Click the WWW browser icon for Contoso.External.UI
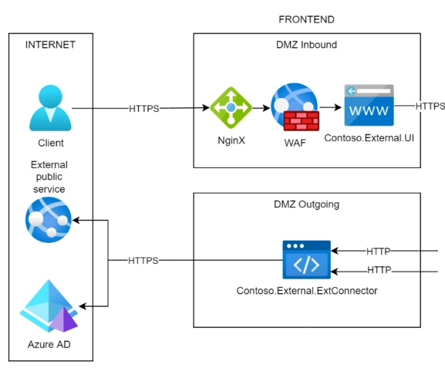point(369,105)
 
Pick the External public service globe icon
point(48,219)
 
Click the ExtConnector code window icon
point(306,260)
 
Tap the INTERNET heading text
point(50,45)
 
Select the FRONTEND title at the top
point(307,20)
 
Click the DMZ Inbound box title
point(307,45)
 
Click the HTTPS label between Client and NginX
point(144,108)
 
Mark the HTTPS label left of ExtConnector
point(144,260)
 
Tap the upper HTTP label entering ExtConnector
point(378,252)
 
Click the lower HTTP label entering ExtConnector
point(378,270)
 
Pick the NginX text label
point(231,140)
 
